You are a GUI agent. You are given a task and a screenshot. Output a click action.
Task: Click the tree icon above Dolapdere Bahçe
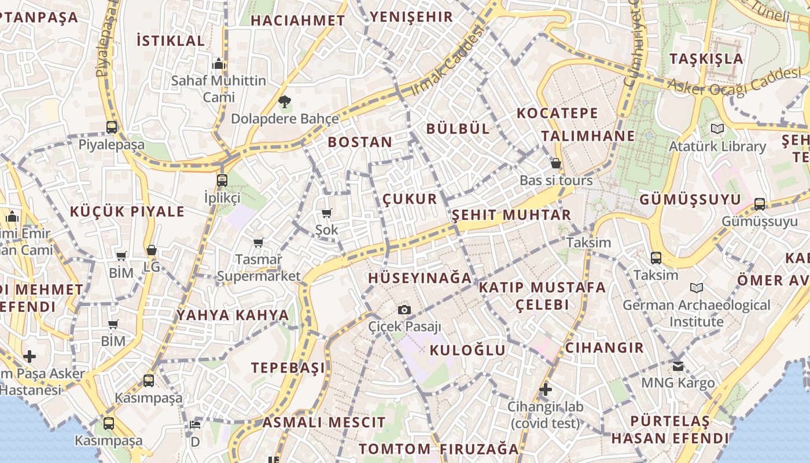pos(284,102)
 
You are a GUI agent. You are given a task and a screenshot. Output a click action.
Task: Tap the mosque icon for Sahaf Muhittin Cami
pos(219,63)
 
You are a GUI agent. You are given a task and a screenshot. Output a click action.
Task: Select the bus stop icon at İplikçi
pos(222,180)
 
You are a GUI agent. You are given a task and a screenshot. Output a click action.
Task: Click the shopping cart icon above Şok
pos(326,213)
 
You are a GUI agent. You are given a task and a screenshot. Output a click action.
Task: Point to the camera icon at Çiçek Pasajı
pos(404,310)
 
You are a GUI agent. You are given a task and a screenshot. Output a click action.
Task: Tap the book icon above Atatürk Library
pos(717,128)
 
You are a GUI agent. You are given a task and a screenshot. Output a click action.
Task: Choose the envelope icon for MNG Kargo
pos(678,366)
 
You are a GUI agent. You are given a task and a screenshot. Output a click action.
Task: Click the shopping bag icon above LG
pos(152,250)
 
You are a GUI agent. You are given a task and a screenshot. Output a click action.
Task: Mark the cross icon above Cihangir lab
pos(545,389)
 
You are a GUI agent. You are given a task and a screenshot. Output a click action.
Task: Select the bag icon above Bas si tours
pos(556,163)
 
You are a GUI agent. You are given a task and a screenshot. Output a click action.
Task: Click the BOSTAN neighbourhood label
pos(360,142)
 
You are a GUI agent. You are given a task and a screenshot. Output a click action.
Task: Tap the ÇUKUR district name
pos(410,199)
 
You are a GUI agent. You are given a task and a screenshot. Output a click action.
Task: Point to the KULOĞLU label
pos(467,350)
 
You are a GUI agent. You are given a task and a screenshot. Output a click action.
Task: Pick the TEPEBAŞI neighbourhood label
pos(288,368)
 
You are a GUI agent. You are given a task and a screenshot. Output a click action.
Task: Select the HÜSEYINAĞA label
pos(420,278)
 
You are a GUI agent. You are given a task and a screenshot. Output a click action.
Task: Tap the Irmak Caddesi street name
pos(447,61)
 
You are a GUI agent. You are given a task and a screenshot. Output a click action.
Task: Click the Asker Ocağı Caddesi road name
pos(735,80)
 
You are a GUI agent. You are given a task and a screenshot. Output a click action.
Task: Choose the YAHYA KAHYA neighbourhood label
pos(233,315)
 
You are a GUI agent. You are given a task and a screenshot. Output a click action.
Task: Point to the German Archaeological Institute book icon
pos(697,288)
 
